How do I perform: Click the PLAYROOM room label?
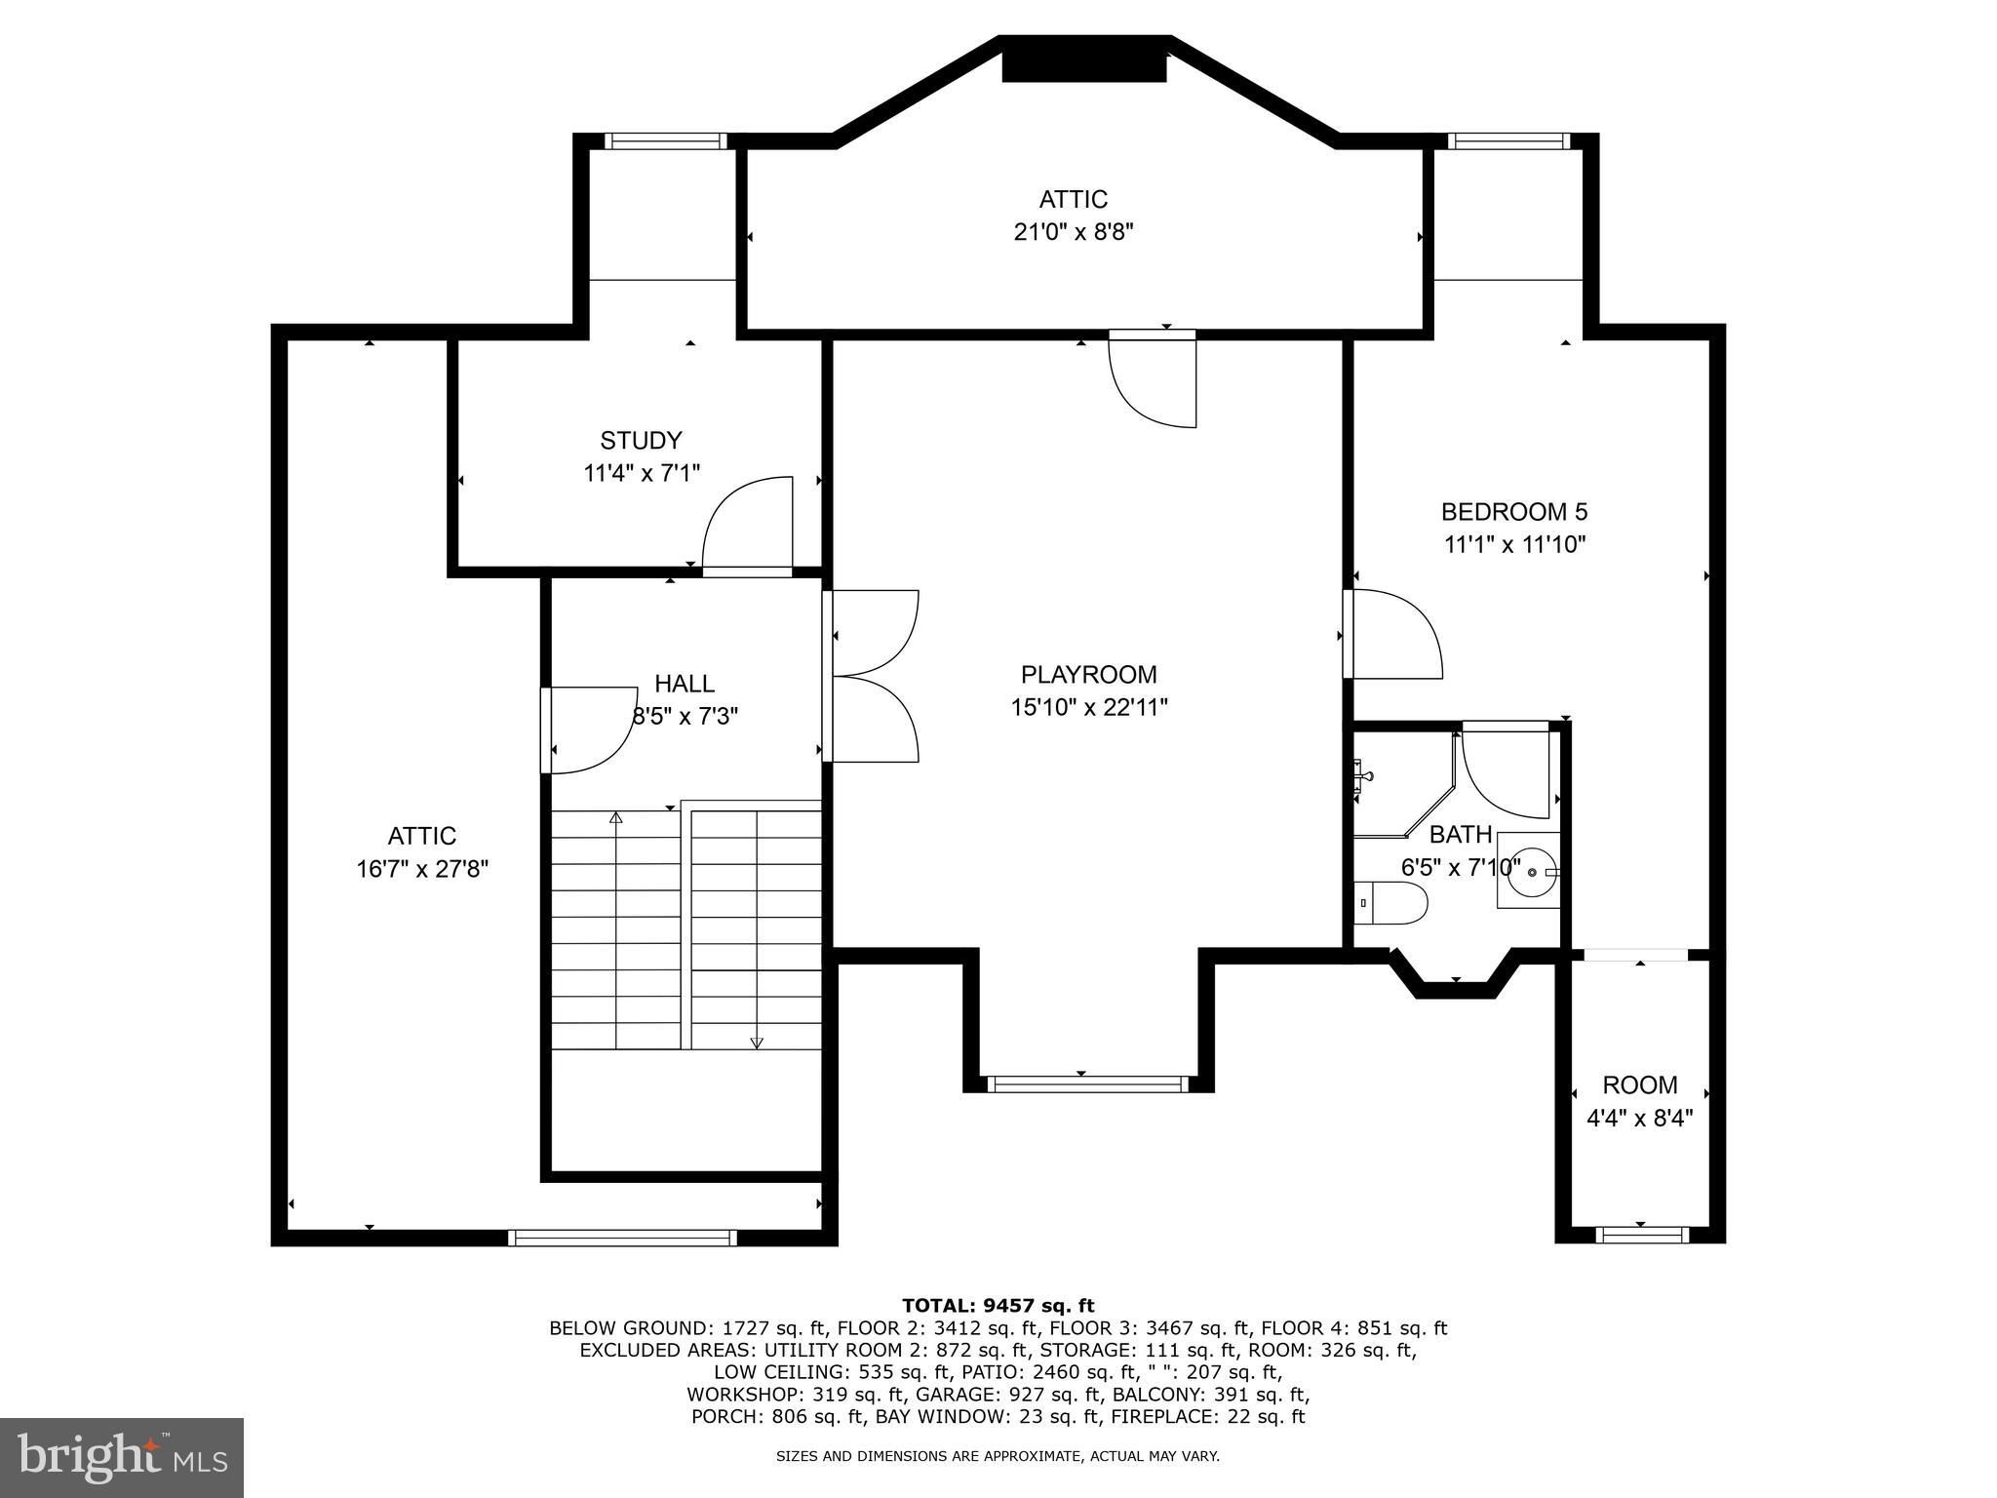[1088, 674]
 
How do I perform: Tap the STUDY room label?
[641, 440]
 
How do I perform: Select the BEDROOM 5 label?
[1514, 511]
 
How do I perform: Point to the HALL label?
[685, 684]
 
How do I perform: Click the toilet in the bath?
[1391, 902]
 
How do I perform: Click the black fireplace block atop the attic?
[1084, 66]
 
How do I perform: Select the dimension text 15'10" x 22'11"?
[1089, 707]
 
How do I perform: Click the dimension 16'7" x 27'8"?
[422, 869]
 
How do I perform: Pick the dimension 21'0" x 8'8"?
[1073, 232]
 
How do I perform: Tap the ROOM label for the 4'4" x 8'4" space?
[1640, 1084]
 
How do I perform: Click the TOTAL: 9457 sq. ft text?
[998, 1306]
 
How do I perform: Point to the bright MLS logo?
[122, 1458]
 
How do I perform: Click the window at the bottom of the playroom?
[1088, 1084]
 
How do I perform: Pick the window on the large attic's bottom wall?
[623, 1238]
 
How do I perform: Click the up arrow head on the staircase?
[616, 817]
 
